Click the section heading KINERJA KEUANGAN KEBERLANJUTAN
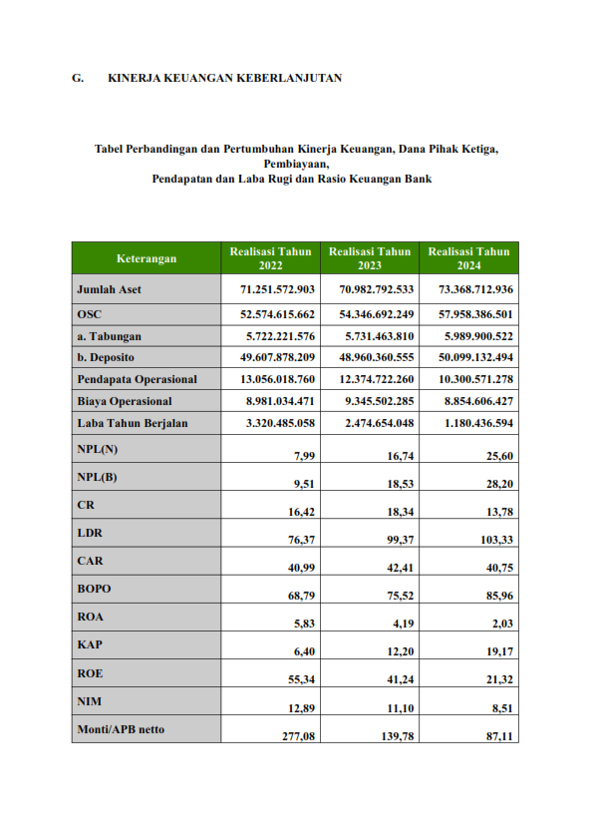point(225,78)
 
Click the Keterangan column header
point(147,258)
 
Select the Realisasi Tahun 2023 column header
point(370,258)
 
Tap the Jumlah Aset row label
point(110,290)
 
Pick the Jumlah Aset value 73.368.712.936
point(475,290)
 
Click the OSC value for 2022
point(277,314)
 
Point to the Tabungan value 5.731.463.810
point(380,336)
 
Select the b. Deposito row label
point(106,357)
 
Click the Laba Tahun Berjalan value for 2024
point(479,423)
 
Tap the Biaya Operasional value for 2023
point(380,401)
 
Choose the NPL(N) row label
point(98,449)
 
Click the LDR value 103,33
point(496,540)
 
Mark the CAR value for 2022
point(301,568)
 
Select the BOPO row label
point(95,589)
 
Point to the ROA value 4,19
point(401,624)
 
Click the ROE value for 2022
point(301,679)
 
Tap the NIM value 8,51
point(502,708)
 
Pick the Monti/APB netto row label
point(121,729)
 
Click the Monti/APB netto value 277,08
point(299,736)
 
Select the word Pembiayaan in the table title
point(297,164)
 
